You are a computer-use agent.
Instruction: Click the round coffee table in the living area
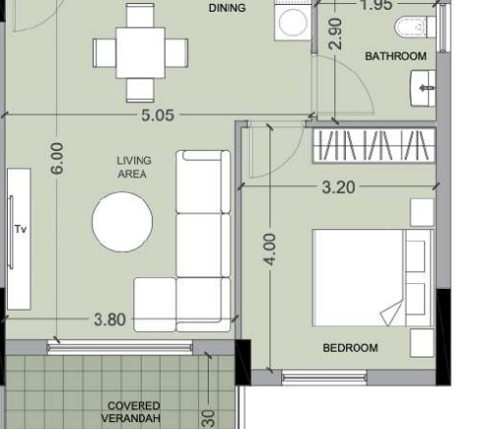(x=122, y=221)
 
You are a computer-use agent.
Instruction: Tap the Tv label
(x=21, y=229)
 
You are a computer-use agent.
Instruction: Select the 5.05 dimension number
(x=158, y=116)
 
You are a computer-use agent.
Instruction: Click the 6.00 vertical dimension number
(x=57, y=159)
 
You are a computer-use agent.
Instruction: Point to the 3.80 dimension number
(x=110, y=319)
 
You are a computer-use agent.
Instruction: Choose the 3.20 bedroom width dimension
(x=338, y=187)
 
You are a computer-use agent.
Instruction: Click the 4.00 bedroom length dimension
(x=270, y=249)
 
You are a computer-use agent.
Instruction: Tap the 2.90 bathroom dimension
(x=335, y=33)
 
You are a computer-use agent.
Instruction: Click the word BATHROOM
(x=396, y=56)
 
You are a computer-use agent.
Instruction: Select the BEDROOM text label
(x=351, y=348)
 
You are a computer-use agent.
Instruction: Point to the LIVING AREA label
(x=134, y=167)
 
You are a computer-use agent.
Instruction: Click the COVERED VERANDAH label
(x=131, y=412)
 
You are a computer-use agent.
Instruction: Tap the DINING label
(x=227, y=8)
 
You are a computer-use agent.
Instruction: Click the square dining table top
(x=140, y=53)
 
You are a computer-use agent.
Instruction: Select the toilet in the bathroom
(x=414, y=26)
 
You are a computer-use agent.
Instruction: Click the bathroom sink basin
(x=423, y=88)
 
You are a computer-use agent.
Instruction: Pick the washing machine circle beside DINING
(x=293, y=23)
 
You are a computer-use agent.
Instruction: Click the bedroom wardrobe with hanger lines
(x=374, y=146)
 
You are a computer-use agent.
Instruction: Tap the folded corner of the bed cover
(x=392, y=312)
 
